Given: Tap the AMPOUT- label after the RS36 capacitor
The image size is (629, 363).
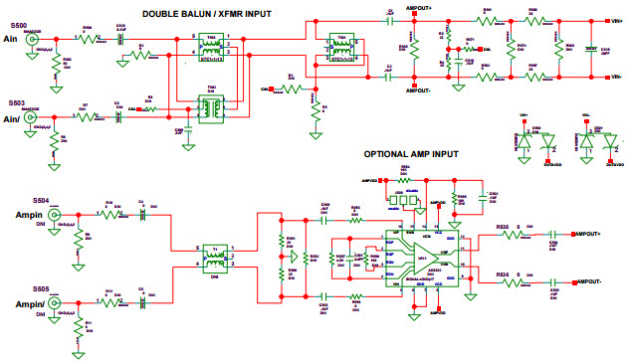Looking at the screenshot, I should pos(593,282).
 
